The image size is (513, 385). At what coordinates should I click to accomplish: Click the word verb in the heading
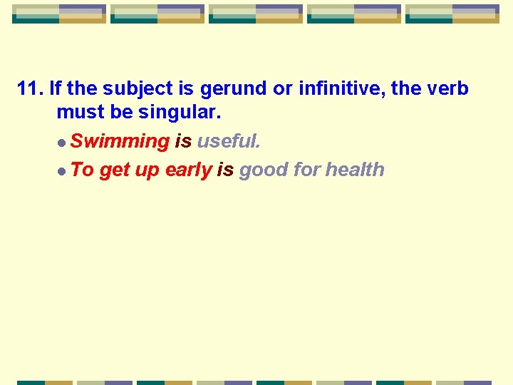[449, 89]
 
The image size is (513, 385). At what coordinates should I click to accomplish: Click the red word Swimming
[120, 141]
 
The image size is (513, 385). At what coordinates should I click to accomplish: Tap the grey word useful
[229, 141]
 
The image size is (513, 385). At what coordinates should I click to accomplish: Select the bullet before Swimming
[63, 143]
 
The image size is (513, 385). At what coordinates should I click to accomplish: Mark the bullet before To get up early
[63, 171]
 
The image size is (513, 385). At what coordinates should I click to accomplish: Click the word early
[188, 170]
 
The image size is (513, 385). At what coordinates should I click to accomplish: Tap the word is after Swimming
[183, 141]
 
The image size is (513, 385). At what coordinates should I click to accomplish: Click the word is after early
[225, 170]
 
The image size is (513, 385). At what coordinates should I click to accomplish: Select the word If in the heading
[56, 89]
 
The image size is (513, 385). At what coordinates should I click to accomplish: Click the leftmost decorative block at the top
[59, 14]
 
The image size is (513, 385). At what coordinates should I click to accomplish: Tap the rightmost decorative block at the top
[452, 14]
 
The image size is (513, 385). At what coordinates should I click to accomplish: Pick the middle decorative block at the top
[256, 14]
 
